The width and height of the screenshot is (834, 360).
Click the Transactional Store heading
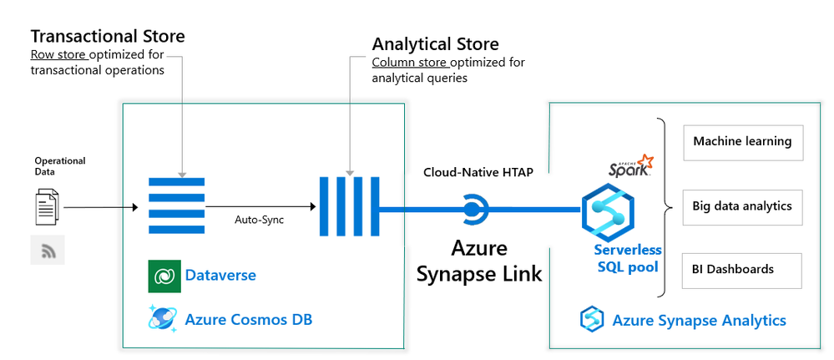(108, 36)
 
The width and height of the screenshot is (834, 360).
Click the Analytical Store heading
(435, 43)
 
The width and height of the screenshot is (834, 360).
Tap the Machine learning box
(742, 142)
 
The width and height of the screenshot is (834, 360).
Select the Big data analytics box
(742, 206)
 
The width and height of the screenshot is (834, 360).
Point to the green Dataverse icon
(164, 276)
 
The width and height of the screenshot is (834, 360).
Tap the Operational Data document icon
(47, 206)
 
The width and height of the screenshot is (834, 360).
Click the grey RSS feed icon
(48, 250)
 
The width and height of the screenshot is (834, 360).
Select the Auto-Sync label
(258, 221)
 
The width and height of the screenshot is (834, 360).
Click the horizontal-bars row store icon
(177, 205)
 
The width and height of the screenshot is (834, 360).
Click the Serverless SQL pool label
(628, 258)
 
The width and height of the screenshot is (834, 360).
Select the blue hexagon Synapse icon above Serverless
(609, 212)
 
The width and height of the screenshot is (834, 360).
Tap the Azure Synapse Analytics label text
(699, 320)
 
